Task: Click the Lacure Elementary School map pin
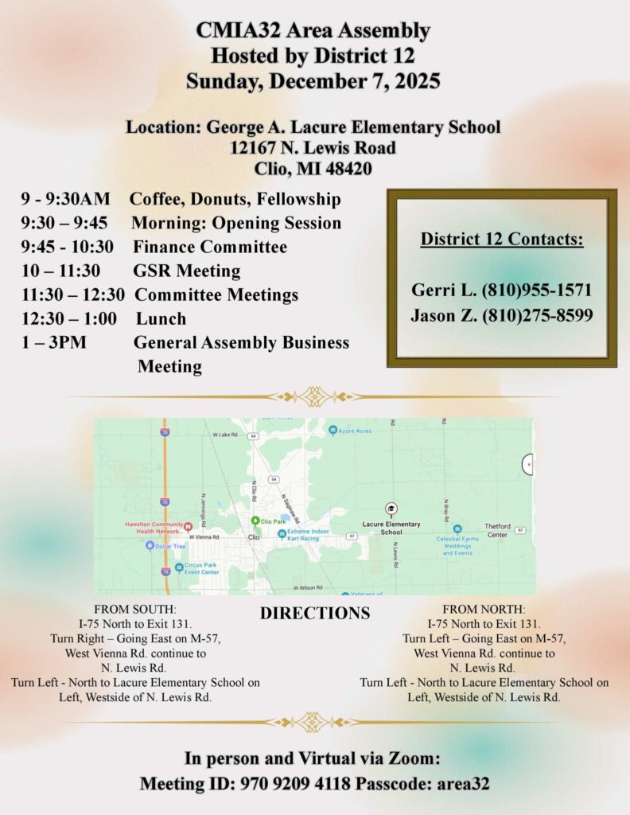point(391,509)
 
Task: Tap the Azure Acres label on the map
point(354,431)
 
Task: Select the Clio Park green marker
point(255,521)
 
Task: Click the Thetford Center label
point(496,530)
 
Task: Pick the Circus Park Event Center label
point(201,568)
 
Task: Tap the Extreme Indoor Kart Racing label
point(313,536)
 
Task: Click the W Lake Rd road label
point(225,435)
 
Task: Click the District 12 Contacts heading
point(502,239)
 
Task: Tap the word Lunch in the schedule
point(161,318)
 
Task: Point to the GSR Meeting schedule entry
point(186,271)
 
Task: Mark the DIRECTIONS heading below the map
point(314,614)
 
